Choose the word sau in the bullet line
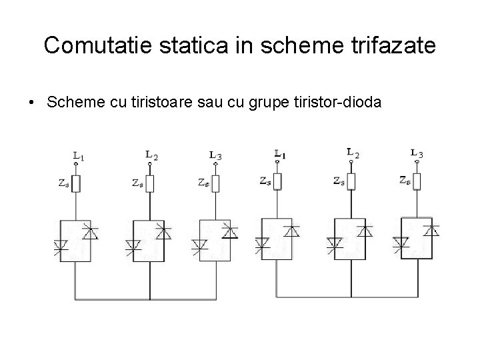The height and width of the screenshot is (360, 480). point(220,103)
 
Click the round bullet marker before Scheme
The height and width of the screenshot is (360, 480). point(31,104)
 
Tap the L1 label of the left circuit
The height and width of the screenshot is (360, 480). point(78,157)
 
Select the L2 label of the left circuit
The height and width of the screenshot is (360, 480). point(152,155)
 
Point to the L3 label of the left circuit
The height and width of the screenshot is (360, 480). point(215,155)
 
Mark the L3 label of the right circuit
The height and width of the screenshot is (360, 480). point(417,154)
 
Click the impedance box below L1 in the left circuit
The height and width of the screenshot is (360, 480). point(76,183)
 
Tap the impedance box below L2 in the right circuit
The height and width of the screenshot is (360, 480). point(351,180)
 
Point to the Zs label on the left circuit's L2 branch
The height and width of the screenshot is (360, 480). point(137,183)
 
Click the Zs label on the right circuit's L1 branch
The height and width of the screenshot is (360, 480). point(265,180)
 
